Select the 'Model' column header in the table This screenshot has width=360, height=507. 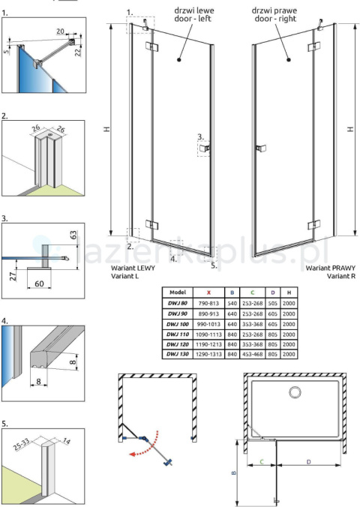click(178, 292)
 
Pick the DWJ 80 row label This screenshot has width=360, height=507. click(178, 303)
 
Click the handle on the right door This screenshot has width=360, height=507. click(260, 148)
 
